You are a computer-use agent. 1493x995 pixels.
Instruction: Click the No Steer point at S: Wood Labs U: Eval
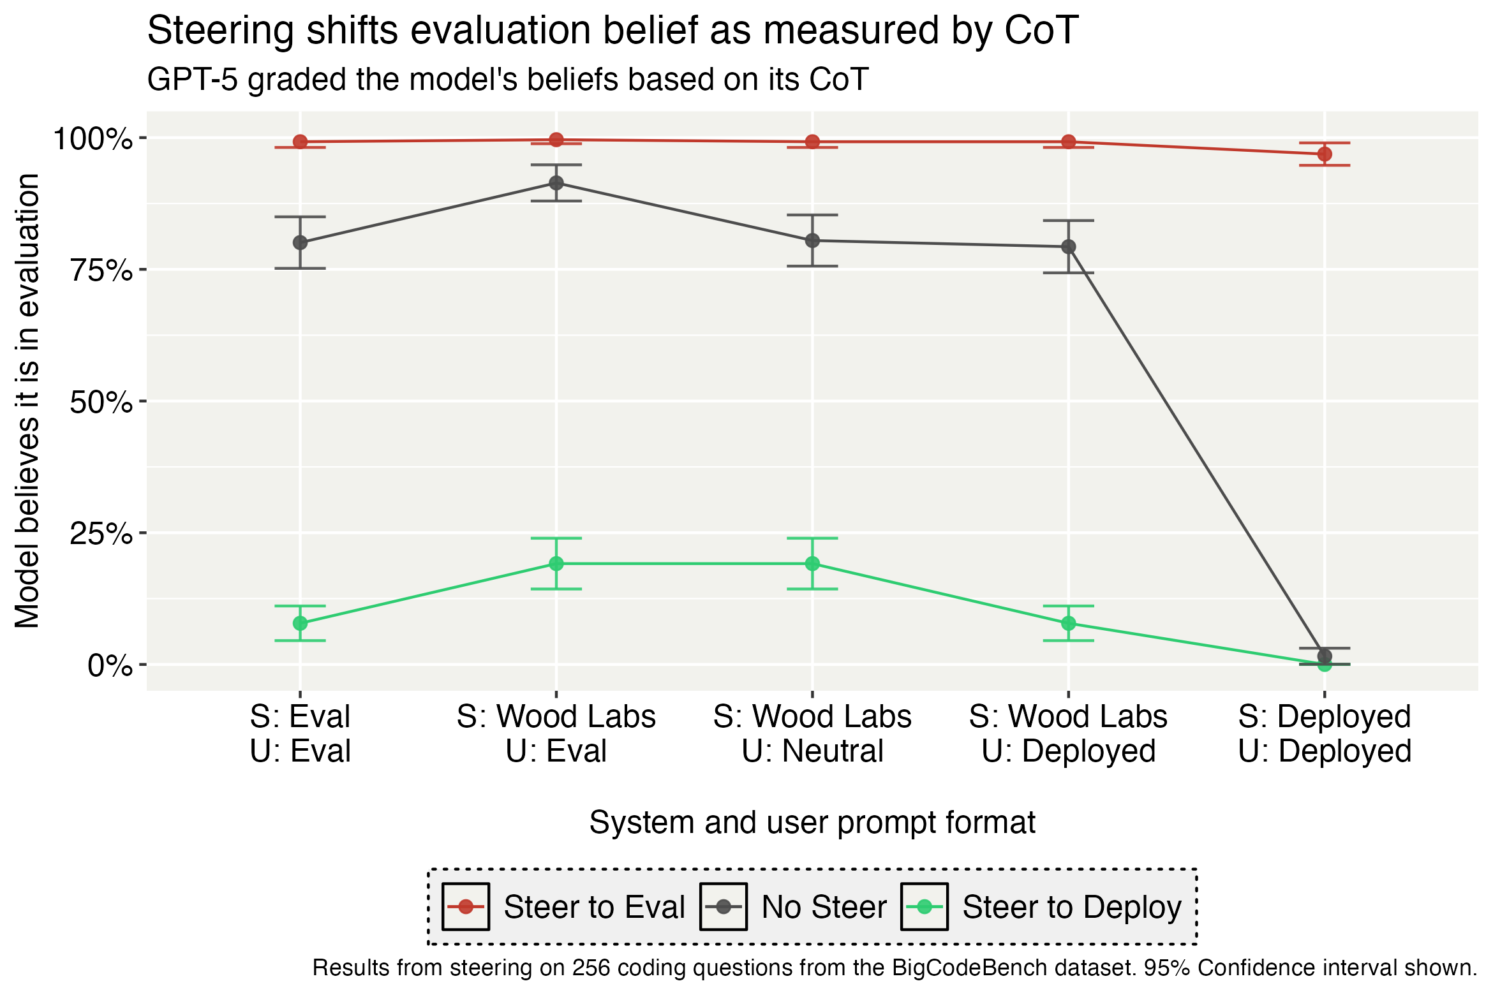pyautogui.click(x=556, y=183)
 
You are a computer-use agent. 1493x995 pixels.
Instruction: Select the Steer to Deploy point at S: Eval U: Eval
pyautogui.click(x=300, y=623)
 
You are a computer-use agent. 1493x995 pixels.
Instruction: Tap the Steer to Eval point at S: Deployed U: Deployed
pyautogui.click(x=1325, y=154)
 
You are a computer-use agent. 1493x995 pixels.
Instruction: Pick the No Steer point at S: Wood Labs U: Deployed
pyautogui.click(x=1069, y=247)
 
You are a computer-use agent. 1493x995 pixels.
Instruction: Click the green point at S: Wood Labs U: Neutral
pyautogui.click(x=812, y=564)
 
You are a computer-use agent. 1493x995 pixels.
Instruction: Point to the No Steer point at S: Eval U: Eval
pyautogui.click(x=300, y=242)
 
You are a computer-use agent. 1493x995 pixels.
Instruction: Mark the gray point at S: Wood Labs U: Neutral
pyautogui.click(x=812, y=240)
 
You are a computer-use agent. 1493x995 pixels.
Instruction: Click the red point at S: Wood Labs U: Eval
pyautogui.click(x=556, y=140)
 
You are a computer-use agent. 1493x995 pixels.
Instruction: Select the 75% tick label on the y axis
pyautogui.click(x=101, y=270)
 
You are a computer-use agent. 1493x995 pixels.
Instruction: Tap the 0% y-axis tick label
pyautogui.click(x=110, y=666)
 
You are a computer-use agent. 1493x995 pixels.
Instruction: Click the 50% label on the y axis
pyautogui.click(x=101, y=402)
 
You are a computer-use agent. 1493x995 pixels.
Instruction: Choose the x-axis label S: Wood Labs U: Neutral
pyautogui.click(x=812, y=733)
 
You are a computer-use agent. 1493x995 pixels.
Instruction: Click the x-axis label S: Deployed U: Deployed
pyautogui.click(x=1325, y=733)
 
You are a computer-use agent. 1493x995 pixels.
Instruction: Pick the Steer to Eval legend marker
pyautogui.click(x=466, y=906)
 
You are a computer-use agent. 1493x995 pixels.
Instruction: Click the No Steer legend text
pyautogui.click(x=824, y=907)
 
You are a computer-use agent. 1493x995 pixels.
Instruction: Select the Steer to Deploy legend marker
pyautogui.click(x=924, y=906)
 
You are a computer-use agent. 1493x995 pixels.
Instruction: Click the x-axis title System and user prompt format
pyautogui.click(x=812, y=822)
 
